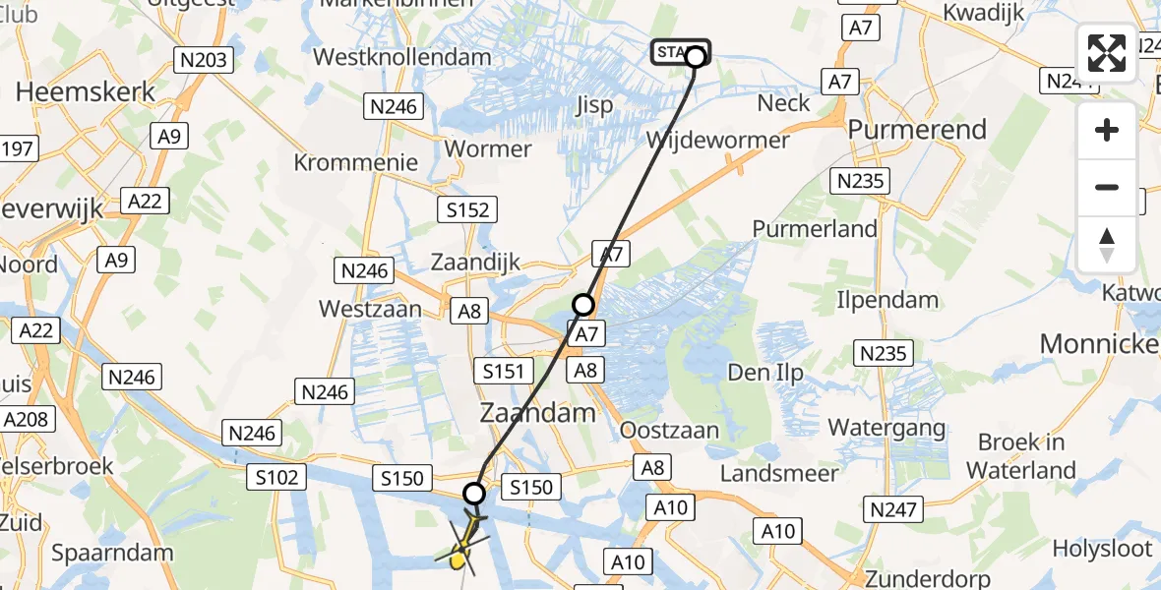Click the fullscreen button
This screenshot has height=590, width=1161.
1107,53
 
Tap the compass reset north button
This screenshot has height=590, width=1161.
1107,245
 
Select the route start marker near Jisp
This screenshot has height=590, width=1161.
695,56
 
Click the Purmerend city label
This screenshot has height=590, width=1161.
916,130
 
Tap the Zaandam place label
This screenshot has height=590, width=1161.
540,412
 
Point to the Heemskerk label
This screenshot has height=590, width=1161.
87,92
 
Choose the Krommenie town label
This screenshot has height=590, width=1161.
355,162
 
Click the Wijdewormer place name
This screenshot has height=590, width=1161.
717,140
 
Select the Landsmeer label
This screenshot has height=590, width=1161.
779,473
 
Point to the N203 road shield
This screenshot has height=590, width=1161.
204,60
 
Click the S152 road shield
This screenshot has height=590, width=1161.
467,208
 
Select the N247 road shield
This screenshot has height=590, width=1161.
893,508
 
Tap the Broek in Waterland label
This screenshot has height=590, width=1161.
1020,456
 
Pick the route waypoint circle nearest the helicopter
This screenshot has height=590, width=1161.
475,494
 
